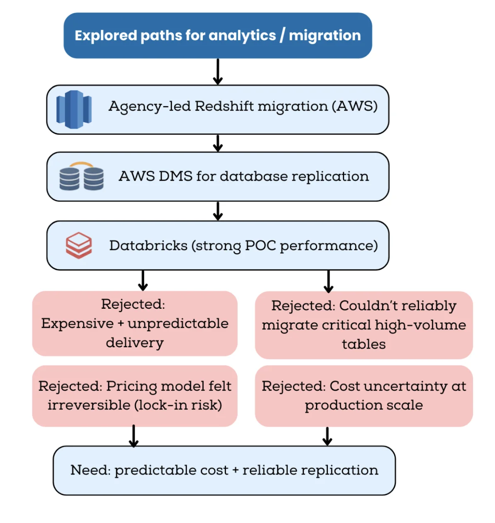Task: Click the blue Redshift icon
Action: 74,109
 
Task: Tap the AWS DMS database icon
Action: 82,177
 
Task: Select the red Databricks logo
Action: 78,245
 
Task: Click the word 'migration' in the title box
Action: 325,36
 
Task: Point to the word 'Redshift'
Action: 224,107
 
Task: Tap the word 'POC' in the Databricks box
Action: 260,246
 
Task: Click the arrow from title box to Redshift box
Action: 218,72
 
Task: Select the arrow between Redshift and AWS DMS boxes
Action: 218,143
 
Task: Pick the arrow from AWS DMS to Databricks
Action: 218,211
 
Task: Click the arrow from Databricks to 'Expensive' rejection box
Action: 143,281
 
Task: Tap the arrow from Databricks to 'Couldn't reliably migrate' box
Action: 328,281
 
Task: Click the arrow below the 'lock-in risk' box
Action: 133,436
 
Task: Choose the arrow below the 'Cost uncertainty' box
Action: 328,436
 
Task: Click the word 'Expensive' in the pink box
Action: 78,324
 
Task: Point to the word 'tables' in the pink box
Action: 364,344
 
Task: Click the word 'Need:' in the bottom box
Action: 90,470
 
